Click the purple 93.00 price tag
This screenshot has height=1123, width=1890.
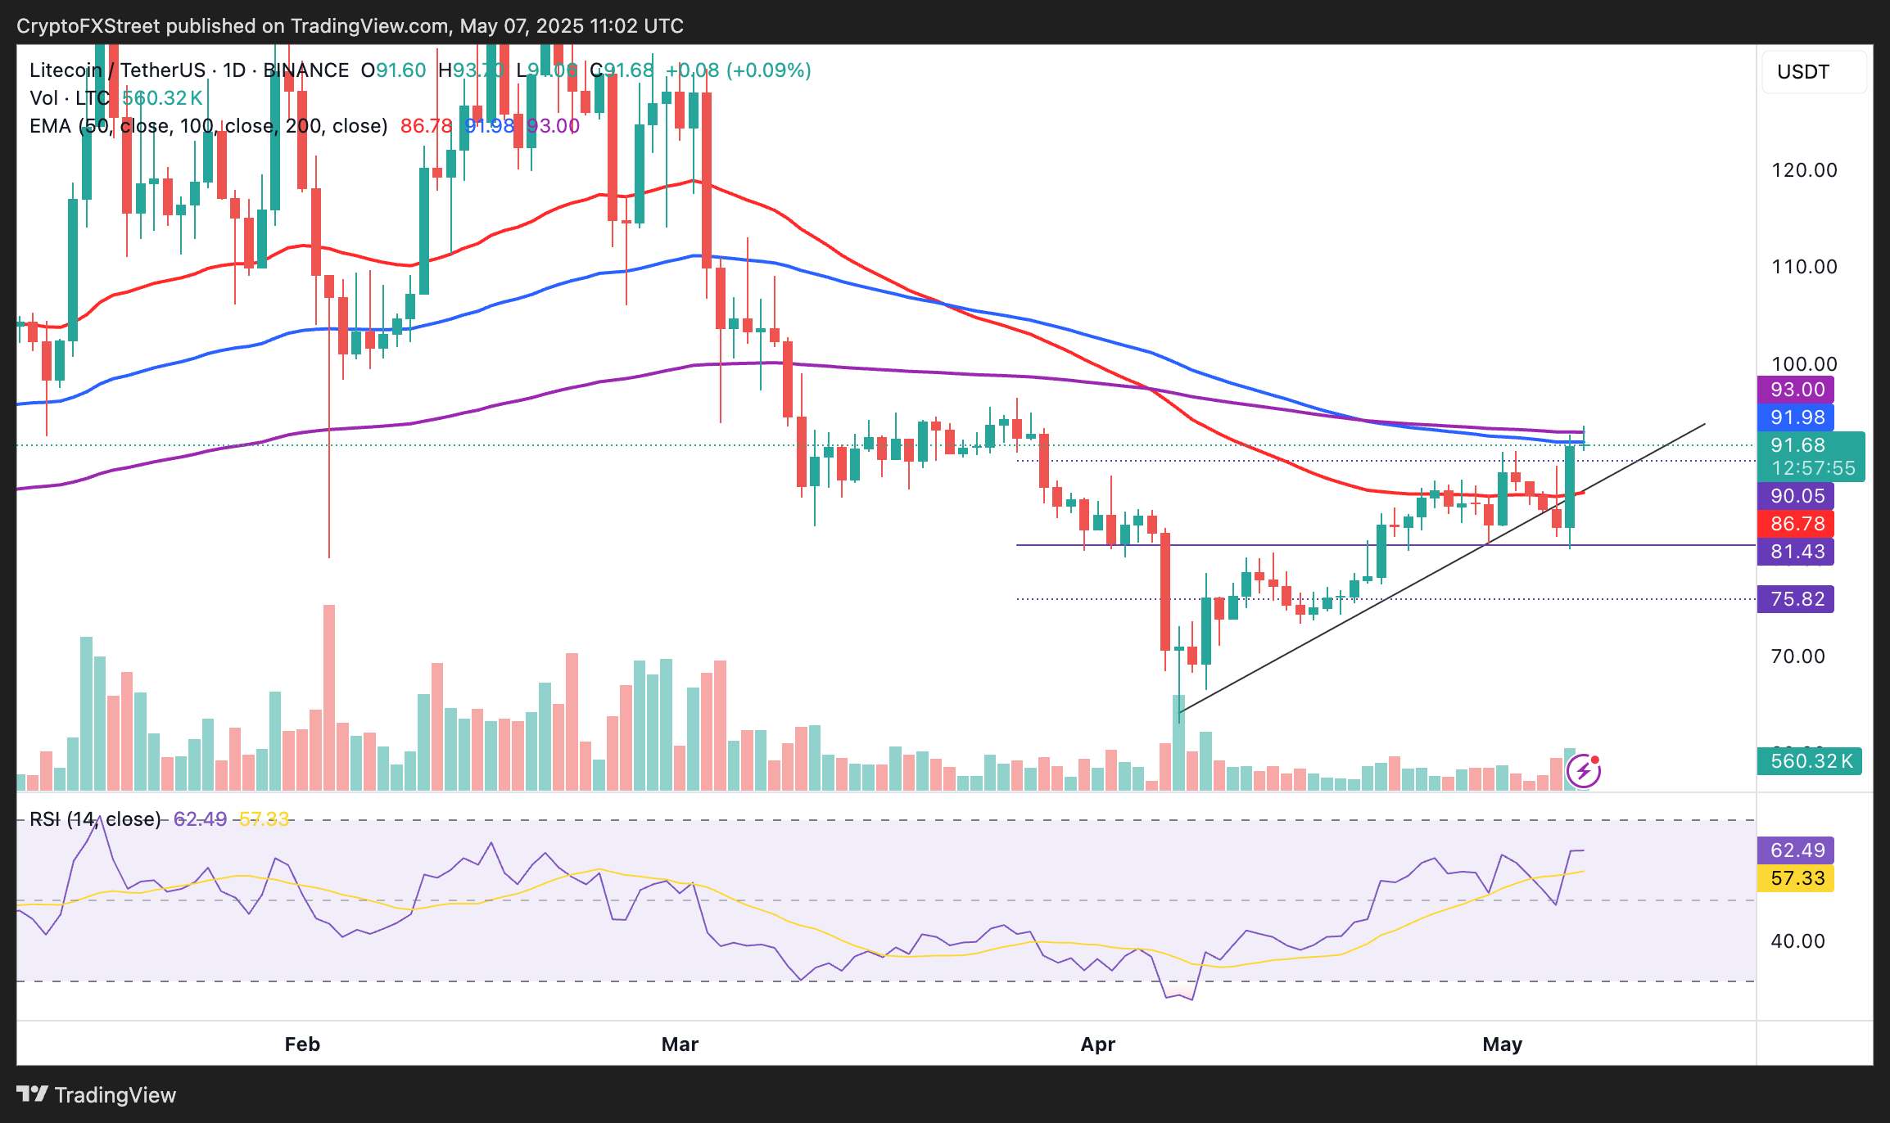pos(1796,390)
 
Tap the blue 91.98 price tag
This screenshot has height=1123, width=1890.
pos(1796,417)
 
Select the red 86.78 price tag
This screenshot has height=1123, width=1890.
pos(1796,524)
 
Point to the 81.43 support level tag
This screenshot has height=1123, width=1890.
pos(1796,552)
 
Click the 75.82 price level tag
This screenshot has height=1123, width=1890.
pos(1796,599)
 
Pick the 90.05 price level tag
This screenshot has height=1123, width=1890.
pos(1796,496)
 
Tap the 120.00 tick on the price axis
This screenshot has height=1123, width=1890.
pos(1804,170)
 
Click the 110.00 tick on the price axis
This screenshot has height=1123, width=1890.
pos(1804,267)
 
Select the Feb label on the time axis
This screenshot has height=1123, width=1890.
pos(302,1044)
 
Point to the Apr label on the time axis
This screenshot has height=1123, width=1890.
pos(1098,1044)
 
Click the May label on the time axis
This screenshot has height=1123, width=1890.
pos(1503,1044)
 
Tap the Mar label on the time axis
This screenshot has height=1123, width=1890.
pos(680,1044)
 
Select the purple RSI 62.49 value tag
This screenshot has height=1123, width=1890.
pos(1796,850)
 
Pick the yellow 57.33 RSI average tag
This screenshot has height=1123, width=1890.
pos(1796,878)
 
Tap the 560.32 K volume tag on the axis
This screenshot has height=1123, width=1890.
pos(1810,761)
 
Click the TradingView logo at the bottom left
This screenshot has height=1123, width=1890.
pos(97,1095)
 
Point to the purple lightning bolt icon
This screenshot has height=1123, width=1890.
pos(1584,771)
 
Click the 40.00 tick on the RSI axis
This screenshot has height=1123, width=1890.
pos(1797,941)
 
